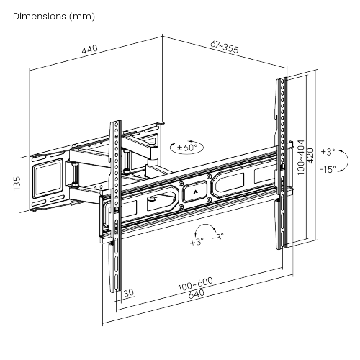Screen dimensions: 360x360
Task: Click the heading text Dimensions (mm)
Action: click(53, 16)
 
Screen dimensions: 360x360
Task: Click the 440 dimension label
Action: click(89, 50)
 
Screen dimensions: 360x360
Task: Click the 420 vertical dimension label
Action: click(310, 154)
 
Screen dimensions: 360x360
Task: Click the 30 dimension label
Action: click(128, 293)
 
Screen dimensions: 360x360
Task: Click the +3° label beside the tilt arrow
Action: click(328, 153)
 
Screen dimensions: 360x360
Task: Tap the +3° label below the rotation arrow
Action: click(197, 242)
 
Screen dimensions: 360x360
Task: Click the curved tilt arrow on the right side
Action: click(345, 161)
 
